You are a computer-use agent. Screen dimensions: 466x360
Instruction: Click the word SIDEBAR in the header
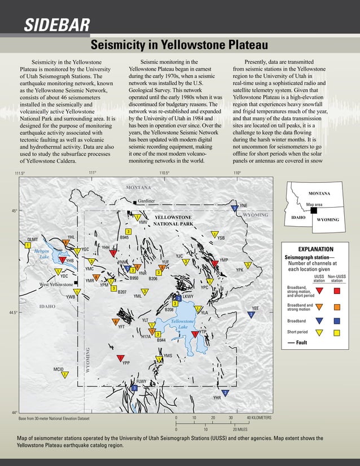56,24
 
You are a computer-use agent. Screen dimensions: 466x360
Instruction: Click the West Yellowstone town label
56,285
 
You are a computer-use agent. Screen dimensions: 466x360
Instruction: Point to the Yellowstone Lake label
183,324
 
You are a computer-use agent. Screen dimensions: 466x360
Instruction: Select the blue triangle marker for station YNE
234,209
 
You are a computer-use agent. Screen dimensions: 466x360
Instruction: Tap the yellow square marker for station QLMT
27,245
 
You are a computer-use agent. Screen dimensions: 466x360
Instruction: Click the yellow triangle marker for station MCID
65,375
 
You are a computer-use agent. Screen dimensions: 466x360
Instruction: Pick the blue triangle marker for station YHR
225,393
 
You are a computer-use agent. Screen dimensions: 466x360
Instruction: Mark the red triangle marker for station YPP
120,358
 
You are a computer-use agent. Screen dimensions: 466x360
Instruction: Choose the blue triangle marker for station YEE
251,314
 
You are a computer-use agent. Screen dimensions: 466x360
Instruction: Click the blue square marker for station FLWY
134,388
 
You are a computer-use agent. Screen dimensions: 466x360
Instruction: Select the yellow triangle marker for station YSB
215,234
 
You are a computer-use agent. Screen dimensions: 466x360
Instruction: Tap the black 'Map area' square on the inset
314,210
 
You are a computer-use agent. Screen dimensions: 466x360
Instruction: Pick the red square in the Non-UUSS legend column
337,291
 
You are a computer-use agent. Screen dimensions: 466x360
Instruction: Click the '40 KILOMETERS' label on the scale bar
259,418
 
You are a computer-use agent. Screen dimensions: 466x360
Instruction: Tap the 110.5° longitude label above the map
164,173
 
